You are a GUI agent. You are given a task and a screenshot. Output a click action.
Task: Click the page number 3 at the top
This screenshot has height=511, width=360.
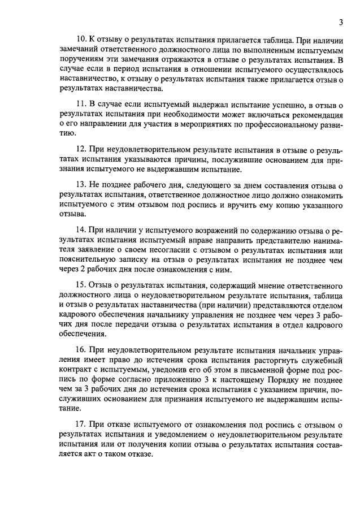[341, 23]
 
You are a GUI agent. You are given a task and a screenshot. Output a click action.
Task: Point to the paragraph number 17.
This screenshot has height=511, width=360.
[79, 424]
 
